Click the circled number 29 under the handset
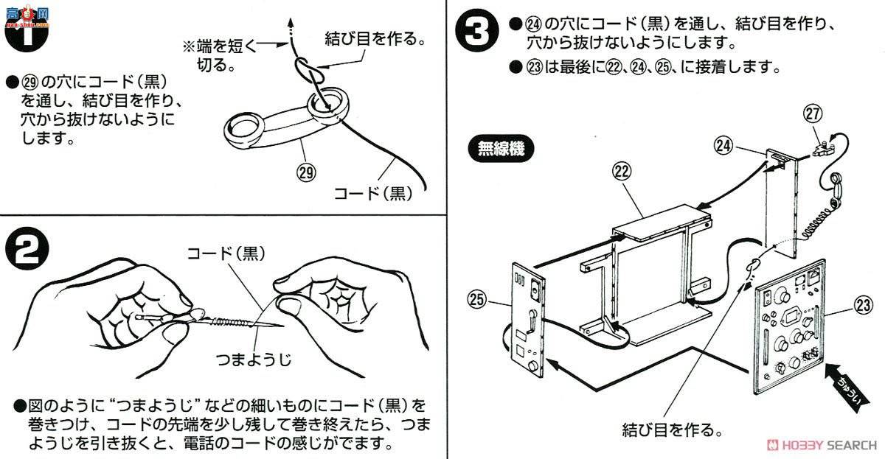(306, 174)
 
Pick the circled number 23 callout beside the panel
(845, 303)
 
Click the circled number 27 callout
(813, 113)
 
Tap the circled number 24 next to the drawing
(724, 145)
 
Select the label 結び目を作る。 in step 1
(375, 38)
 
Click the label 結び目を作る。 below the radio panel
(671, 429)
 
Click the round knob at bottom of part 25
(533, 366)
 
